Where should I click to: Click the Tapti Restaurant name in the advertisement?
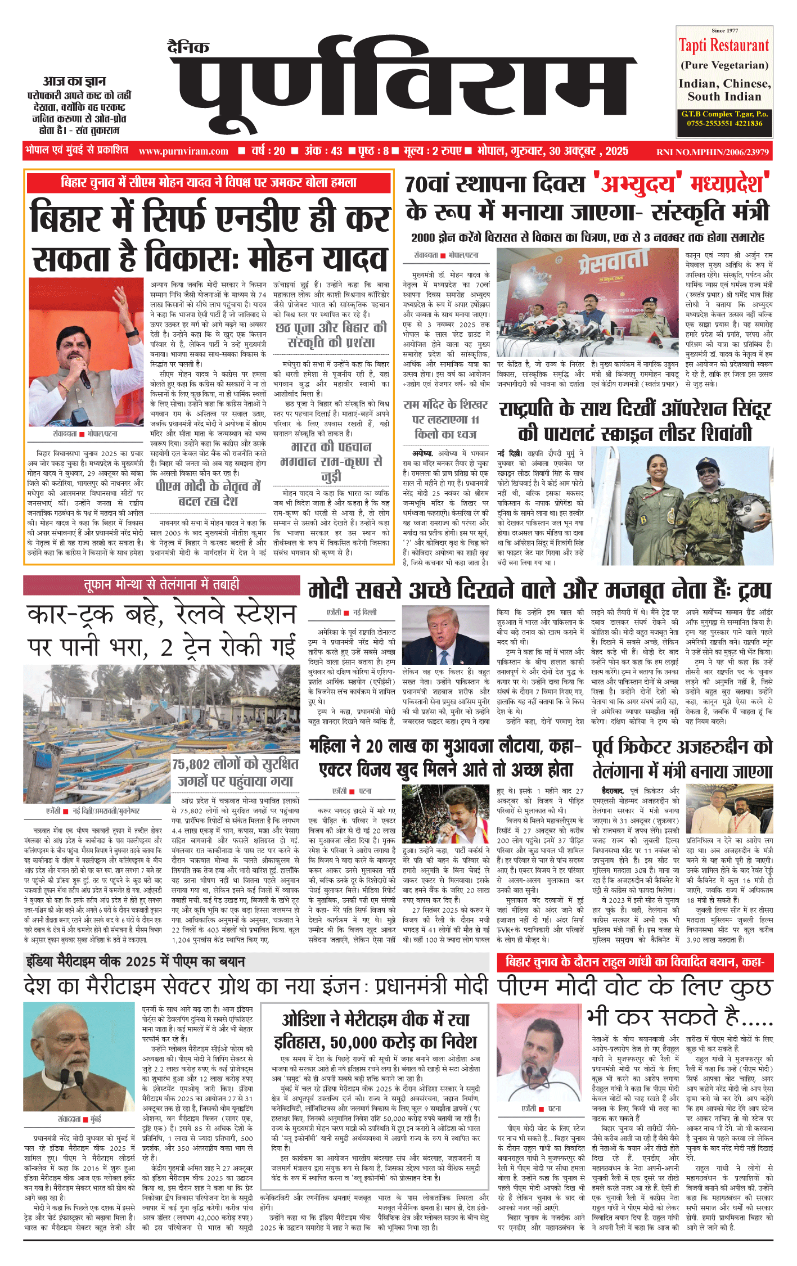coord(723,46)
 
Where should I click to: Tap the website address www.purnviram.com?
coord(183,151)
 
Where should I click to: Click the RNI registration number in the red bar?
coord(712,152)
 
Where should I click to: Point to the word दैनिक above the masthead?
coord(188,47)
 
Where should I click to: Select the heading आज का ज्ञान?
coord(74,82)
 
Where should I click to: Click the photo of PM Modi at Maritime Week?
coord(79,1056)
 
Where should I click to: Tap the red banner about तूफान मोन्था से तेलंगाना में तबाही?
coord(161,585)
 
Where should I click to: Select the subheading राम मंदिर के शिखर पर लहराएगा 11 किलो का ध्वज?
coord(445,419)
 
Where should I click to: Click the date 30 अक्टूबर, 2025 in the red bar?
coord(588,151)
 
